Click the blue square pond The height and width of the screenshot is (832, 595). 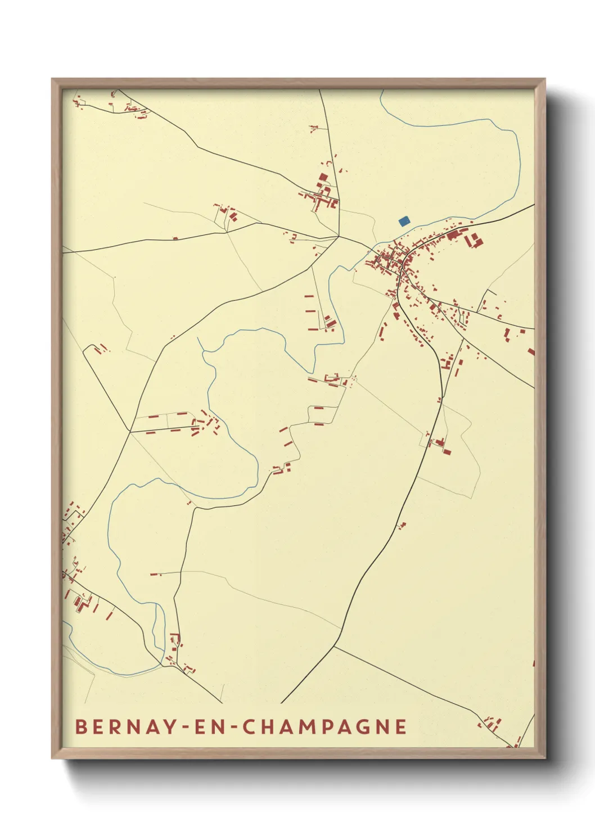pos(404,221)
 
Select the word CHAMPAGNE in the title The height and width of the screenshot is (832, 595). pos(325,726)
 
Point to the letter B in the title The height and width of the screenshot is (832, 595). pos(81,726)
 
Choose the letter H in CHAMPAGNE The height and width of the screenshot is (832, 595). pos(268,726)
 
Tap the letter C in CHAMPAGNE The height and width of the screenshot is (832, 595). pos(249,726)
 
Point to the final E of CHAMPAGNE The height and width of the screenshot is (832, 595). pos(401,726)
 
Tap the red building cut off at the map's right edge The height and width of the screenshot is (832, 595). pos(531,352)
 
